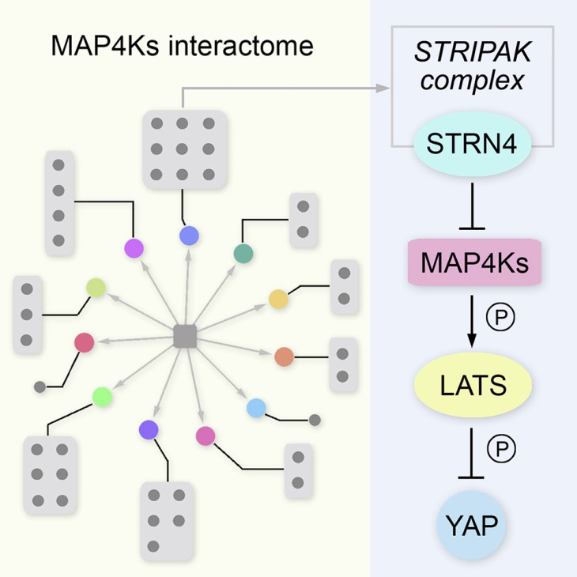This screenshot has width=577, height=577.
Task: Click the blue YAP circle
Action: click(x=473, y=522)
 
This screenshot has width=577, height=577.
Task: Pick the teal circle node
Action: click(x=243, y=253)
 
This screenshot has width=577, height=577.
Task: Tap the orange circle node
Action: click(x=285, y=357)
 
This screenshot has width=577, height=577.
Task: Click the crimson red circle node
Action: click(x=84, y=342)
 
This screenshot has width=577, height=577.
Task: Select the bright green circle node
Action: click(x=101, y=396)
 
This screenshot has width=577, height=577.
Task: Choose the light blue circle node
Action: click(x=255, y=408)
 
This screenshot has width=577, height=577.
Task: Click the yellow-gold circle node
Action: click(x=278, y=299)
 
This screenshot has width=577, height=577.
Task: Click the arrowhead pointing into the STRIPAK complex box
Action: click(x=385, y=89)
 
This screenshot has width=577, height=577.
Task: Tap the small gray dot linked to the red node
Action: click(x=40, y=387)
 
